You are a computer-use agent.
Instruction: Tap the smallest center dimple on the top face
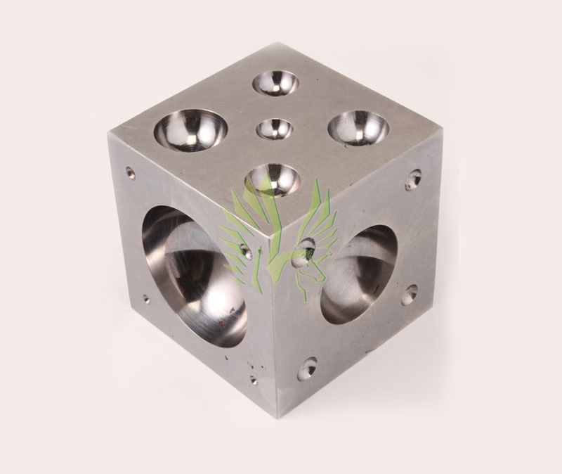click(x=274, y=129)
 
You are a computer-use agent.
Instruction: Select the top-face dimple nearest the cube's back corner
click(x=276, y=83)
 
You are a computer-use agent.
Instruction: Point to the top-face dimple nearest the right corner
click(x=358, y=128)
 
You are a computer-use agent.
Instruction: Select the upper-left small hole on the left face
click(x=131, y=172)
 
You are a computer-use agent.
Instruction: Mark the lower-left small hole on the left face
click(x=146, y=299)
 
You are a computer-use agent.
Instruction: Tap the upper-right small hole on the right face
click(x=414, y=179)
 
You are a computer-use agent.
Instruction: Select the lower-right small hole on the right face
click(x=409, y=294)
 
